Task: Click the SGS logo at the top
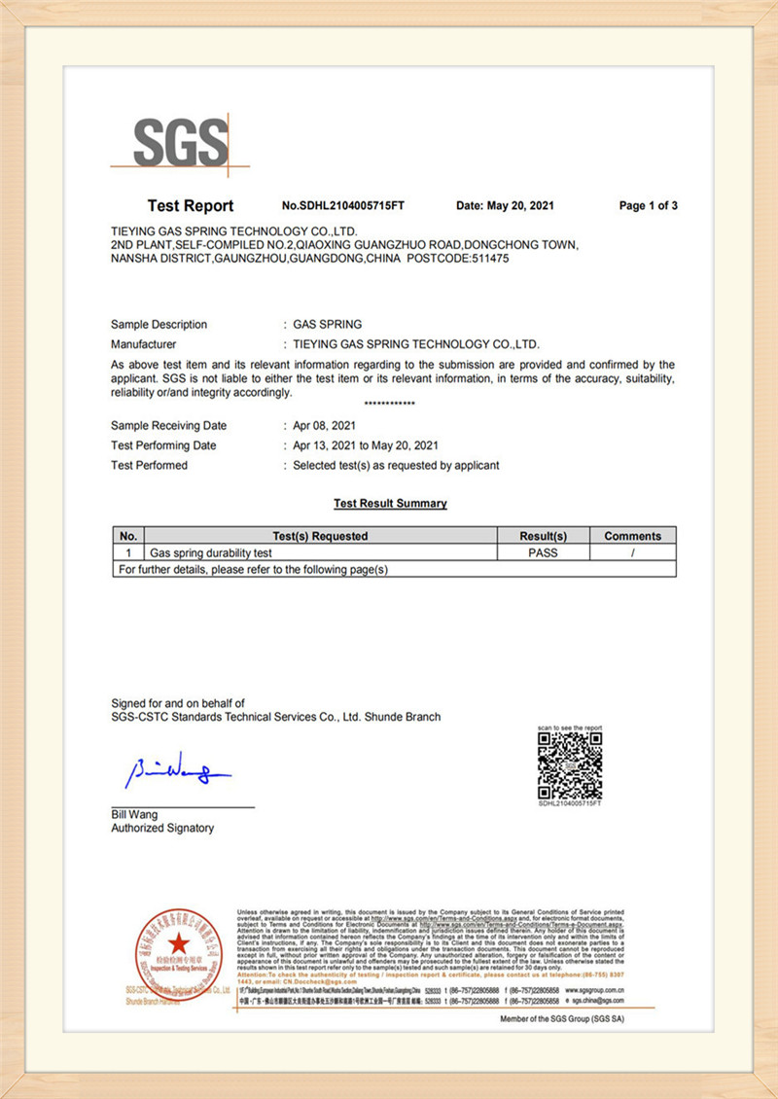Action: (x=180, y=143)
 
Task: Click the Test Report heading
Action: (x=191, y=205)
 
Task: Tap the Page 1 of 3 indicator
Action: (x=648, y=205)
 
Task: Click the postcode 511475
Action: (x=483, y=259)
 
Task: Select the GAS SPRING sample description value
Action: (x=328, y=325)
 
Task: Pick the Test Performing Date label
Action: (x=163, y=445)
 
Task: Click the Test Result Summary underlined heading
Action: (x=390, y=504)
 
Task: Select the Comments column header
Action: (x=632, y=536)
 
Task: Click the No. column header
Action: (x=128, y=536)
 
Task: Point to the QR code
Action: (x=570, y=765)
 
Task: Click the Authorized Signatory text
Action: (x=162, y=828)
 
